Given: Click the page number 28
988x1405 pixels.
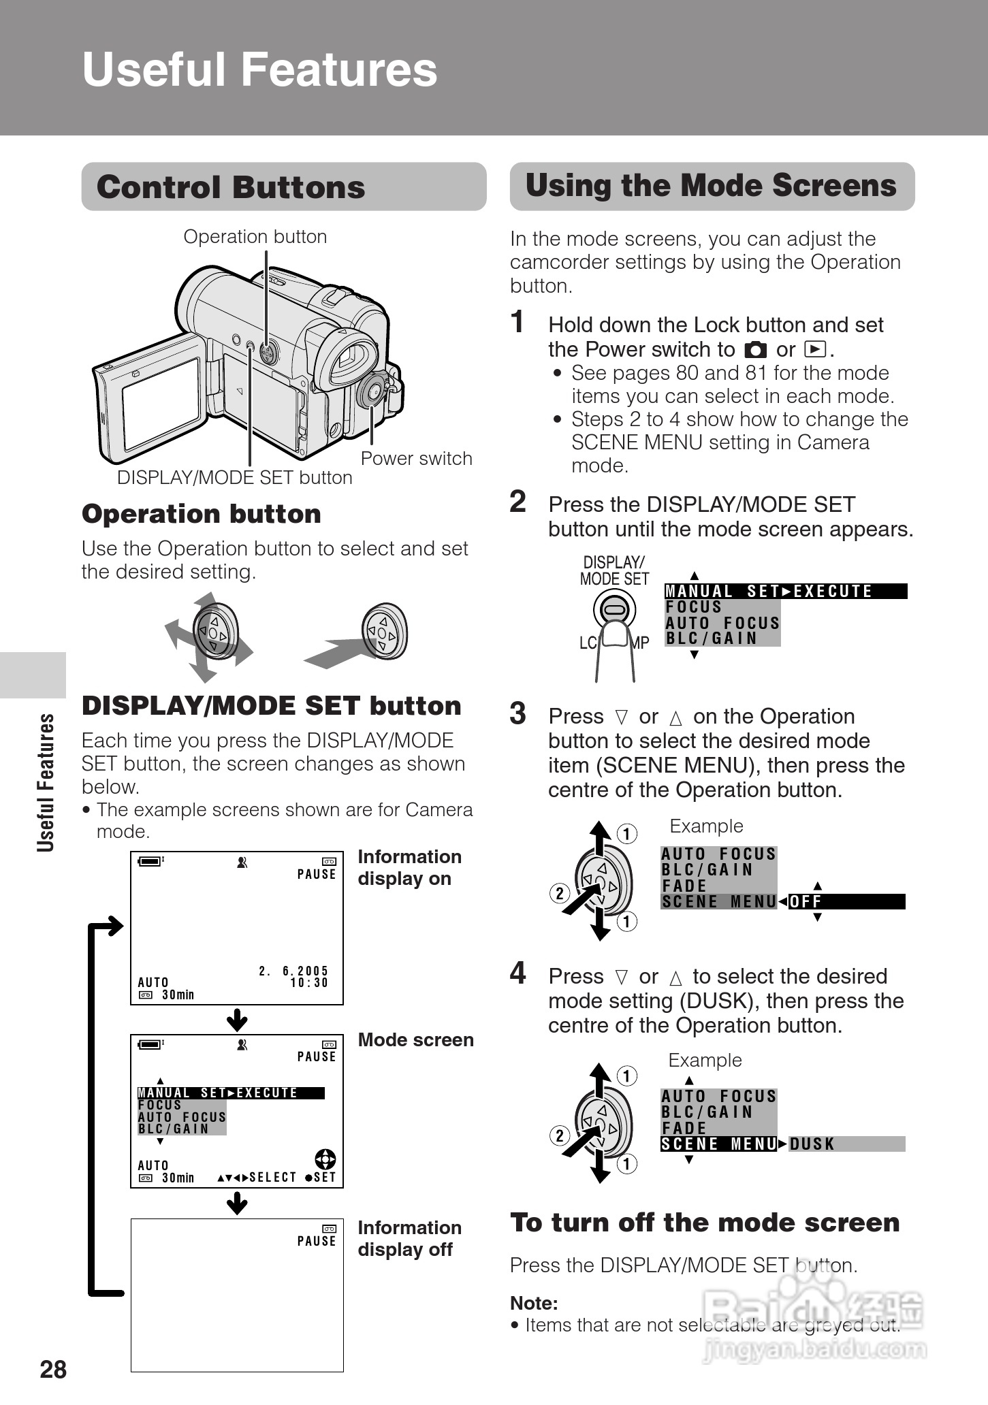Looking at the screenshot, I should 53,1369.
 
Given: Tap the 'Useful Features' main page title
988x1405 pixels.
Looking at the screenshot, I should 259,69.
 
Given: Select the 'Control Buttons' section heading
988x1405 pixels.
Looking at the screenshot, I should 231,187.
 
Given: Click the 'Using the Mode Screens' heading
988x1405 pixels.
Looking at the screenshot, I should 711,186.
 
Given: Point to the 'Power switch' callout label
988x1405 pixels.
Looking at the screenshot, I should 416,458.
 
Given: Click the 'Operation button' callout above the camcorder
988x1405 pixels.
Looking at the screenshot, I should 255,236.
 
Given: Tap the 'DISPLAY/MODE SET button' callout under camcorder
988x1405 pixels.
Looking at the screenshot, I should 234,477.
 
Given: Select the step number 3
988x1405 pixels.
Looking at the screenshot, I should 518,714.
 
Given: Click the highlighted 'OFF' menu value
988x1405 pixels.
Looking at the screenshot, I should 806,902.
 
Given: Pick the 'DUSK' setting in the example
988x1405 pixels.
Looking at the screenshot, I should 812,1144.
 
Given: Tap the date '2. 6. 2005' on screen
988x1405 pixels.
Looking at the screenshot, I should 293,971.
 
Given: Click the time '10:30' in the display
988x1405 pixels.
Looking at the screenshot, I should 309,983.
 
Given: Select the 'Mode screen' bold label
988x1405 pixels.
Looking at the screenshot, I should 415,1039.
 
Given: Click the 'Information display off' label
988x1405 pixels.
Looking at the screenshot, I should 409,1238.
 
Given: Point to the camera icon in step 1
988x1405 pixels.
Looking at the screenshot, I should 755,350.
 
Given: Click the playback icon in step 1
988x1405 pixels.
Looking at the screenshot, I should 814,350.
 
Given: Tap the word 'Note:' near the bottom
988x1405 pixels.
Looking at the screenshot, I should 534,1303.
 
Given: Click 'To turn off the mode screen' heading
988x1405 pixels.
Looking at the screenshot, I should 705,1223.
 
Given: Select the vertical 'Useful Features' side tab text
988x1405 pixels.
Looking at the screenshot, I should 46,782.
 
